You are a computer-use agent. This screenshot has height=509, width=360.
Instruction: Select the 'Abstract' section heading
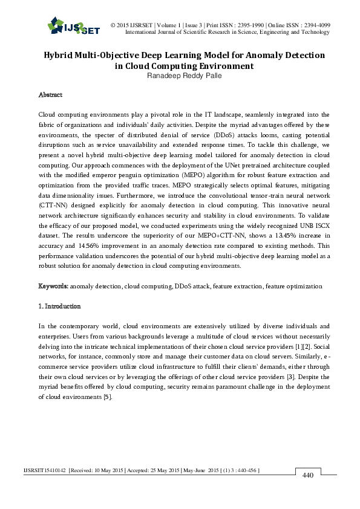click(x=50, y=95)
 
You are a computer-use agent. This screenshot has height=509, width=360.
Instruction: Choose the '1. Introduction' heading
click(x=59, y=306)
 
